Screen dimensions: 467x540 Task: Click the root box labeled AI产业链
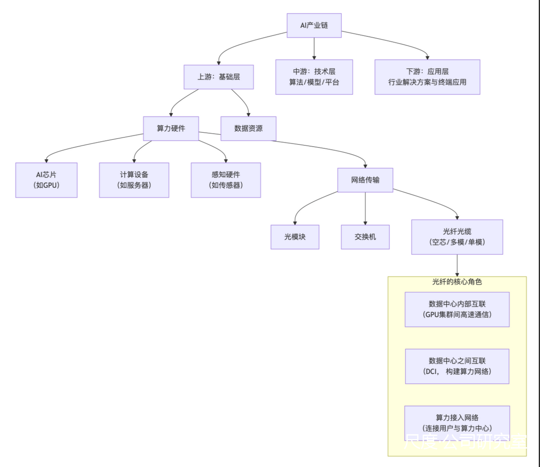point(314,26)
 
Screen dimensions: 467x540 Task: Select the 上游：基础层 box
point(219,77)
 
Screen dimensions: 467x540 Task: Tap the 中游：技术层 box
point(314,77)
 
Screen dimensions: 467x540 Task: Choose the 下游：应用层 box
point(427,77)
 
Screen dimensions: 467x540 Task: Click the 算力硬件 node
point(171,129)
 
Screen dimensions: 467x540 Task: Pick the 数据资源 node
point(248,129)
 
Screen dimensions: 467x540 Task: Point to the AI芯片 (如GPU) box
point(46,180)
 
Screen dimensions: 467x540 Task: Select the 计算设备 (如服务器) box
point(134,180)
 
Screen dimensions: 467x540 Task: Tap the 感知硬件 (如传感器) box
point(226,180)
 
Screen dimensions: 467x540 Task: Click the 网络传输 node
point(365,180)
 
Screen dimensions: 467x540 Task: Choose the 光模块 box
point(295,237)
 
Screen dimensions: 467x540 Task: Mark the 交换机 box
point(365,237)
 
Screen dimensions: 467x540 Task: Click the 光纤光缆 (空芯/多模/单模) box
point(457,237)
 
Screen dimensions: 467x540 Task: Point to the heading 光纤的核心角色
point(457,282)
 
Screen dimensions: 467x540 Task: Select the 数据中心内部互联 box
point(457,309)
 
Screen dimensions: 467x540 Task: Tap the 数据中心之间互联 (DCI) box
point(457,366)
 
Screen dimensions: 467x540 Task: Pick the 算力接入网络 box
point(457,423)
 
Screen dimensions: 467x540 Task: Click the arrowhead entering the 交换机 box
point(365,222)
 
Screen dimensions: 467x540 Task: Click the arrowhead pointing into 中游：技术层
point(314,57)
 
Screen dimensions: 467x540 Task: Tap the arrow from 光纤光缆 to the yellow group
point(457,265)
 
